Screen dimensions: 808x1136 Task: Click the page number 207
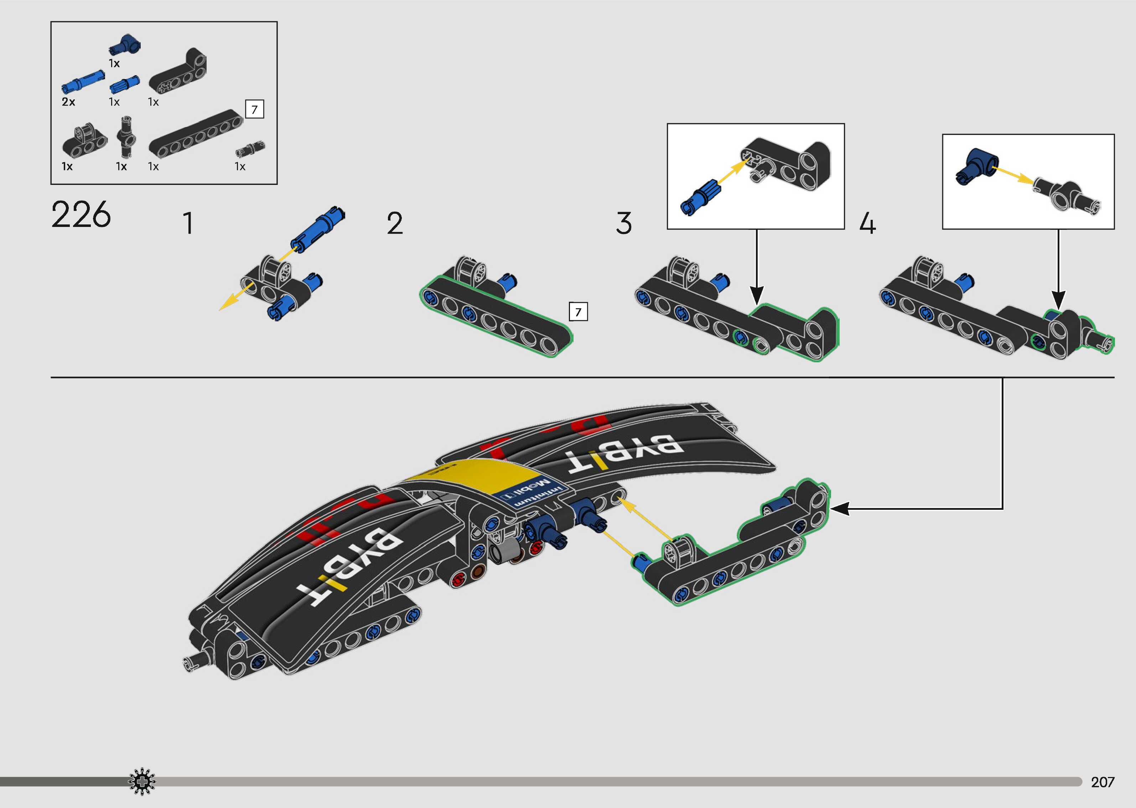tap(1102, 782)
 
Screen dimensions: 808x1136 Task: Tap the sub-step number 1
tap(188, 223)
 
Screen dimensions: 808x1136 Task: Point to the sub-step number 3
tap(624, 223)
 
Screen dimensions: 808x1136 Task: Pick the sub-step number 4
tap(867, 223)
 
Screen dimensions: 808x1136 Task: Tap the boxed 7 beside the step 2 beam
tap(578, 312)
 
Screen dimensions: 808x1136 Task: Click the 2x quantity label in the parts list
tap(68, 102)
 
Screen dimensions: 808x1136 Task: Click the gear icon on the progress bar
tap(142, 782)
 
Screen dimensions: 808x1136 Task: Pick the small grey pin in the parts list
tap(250, 148)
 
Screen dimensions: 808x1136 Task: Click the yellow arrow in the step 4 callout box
tap(1013, 176)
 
